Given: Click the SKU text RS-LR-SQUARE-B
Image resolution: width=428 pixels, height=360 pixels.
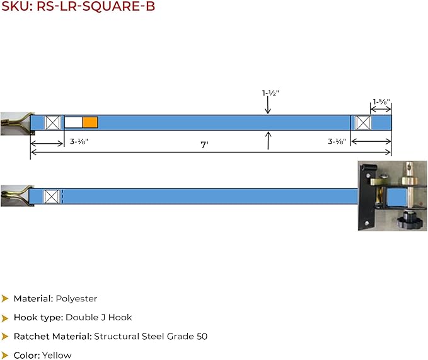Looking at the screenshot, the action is [x=96, y=6].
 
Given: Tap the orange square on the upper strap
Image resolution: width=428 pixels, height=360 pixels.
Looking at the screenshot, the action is [x=90, y=122].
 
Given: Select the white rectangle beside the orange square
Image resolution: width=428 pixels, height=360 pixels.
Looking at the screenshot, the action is [x=73, y=122].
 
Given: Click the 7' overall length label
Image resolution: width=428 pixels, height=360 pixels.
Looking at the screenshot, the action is [x=204, y=144].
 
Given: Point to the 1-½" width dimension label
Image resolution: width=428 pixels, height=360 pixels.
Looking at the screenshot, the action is [x=270, y=93].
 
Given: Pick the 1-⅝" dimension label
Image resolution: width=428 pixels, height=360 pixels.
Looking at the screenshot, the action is [x=381, y=102].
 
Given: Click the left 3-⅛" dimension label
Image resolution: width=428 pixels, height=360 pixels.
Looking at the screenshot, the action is [x=79, y=141].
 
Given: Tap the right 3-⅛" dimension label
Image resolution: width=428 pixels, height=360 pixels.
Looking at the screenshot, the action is [x=337, y=141].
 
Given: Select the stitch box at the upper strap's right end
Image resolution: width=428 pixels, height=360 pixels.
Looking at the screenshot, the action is [x=363, y=122].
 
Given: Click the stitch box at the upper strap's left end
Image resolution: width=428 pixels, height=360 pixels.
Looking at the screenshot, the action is [x=52, y=122].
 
